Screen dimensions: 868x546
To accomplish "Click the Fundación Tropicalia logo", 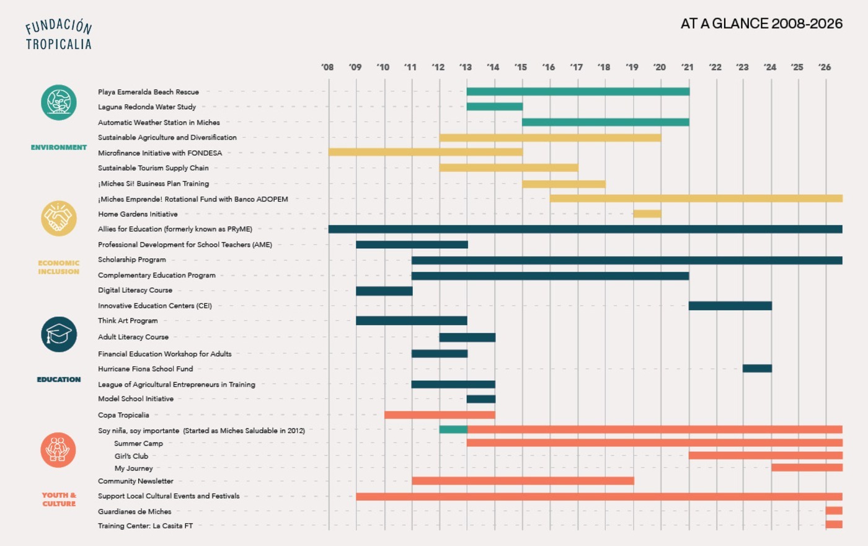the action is (58, 35).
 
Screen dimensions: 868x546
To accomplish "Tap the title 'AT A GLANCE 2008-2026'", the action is (761, 24).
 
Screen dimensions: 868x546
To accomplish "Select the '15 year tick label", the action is (520, 67).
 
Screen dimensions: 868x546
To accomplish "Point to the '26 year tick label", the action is (825, 67).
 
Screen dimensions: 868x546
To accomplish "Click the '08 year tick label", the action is (327, 67).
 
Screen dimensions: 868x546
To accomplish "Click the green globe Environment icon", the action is (58, 102).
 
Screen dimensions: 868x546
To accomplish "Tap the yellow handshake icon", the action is (58, 218).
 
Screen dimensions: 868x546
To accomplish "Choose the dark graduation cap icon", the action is (58, 334).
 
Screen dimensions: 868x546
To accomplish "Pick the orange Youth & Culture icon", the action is (58, 450).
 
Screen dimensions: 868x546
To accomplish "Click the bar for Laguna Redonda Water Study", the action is (495, 107).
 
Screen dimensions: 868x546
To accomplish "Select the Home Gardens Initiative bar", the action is (647, 213).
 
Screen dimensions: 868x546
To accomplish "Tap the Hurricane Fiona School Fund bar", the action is (757, 369).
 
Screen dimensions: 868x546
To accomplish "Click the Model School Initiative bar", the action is (481, 399).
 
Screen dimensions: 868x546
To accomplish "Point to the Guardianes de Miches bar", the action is (834, 511).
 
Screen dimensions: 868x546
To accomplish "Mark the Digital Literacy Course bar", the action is (384, 291).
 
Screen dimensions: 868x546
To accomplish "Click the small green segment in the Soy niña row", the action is (453, 429).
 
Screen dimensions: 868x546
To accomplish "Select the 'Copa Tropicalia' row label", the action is (123, 415).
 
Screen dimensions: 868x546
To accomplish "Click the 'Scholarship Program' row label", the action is (131, 259).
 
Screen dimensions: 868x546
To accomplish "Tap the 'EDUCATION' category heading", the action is (59, 379).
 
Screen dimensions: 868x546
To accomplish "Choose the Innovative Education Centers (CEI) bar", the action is (730, 305).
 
